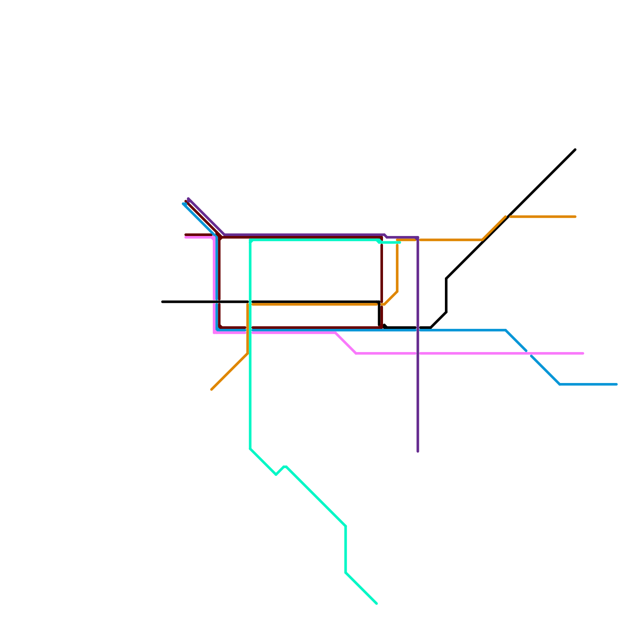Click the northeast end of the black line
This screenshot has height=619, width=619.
pyautogui.click(x=575, y=149)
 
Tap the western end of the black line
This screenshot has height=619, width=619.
pyautogui.click(x=162, y=302)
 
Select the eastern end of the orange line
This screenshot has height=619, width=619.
pyautogui.click(x=575, y=217)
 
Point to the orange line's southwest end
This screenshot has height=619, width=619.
pyautogui.click(x=212, y=390)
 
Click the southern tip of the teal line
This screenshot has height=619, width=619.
pyautogui.click(x=377, y=604)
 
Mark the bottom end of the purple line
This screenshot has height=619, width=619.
pyautogui.click(x=418, y=451)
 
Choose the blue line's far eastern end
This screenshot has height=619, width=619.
pyautogui.click(x=617, y=384)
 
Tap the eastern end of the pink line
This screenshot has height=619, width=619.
pyautogui.click(x=583, y=353)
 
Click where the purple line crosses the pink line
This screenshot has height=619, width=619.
pyautogui.click(x=418, y=353)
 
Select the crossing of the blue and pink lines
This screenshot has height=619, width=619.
pyautogui.click(x=529, y=353)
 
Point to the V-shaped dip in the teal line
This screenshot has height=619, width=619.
pyautogui.click(x=276, y=474)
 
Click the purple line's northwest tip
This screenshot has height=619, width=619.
pyautogui.click(x=188, y=198)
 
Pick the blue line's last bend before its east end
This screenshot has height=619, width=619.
pyautogui.click(x=560, y=384)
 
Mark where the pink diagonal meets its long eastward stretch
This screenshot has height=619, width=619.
pyautogui.click(x=356, y=353)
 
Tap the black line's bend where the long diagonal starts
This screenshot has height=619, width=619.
pyautogui.click(x=446, y=279)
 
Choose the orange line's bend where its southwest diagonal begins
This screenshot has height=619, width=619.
pyautogui.click(x=248, y=353)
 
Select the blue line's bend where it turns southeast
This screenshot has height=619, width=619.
pyautogui.click(x=506, y=330)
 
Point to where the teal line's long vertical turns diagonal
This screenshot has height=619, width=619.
pyautogui.click(x=251, y=449)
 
